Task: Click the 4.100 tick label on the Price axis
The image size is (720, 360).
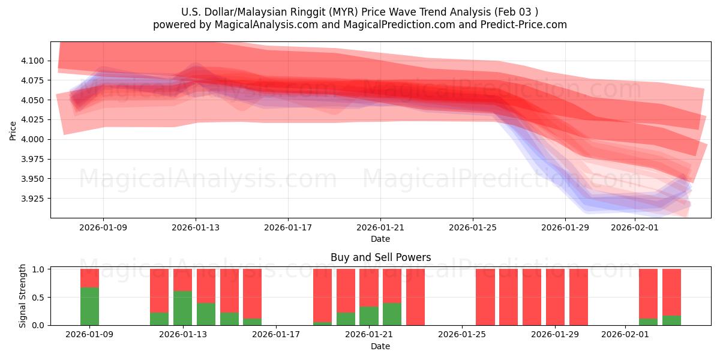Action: (x=34, y=61)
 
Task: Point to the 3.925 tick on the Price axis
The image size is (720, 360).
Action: (x=34, y=199)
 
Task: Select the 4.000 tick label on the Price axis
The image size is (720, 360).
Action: (x=34, y=139)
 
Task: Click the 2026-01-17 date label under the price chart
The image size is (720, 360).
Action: (x=288, y=228)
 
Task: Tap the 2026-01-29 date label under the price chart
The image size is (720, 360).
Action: (x=565, y=228)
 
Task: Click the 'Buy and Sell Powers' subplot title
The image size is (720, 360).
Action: (x=380, y=257)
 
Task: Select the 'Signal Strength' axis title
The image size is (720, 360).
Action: (x=23, y=296)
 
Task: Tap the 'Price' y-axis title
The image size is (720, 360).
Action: (x=13, y=130)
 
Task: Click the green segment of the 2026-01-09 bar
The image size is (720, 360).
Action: (x=89, y=307)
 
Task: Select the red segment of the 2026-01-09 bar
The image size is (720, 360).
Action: (x=89, y=278)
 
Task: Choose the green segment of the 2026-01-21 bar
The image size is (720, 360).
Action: (x=369, y=316)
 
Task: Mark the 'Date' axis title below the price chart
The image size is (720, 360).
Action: (x=380, y=239)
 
